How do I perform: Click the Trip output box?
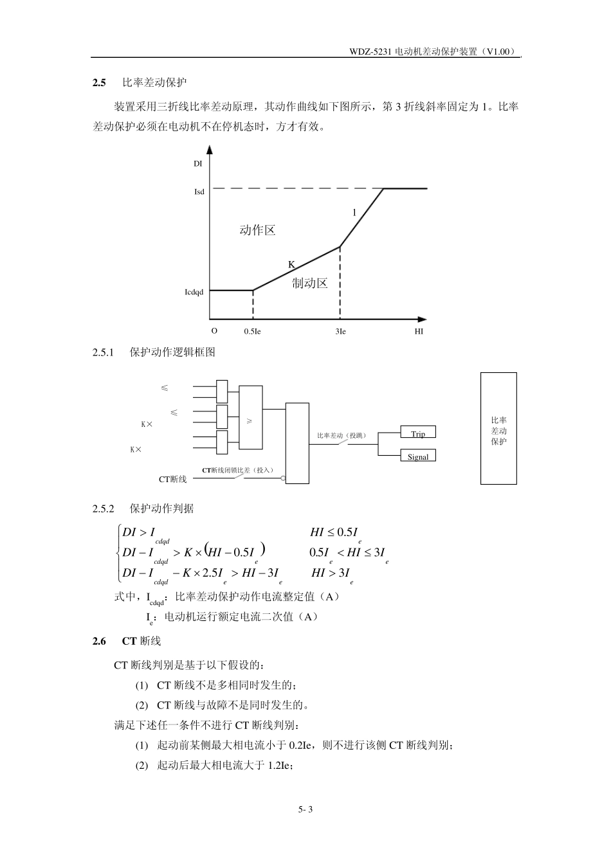pos(418,434)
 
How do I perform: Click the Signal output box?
pos(418,457)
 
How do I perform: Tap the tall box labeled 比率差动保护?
pos(498,429)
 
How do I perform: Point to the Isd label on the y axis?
pos(199,192)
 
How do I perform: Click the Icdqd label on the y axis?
pos(194,292)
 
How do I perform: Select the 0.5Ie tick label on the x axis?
pos(252,332)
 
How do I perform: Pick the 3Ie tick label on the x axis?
pos(341,332)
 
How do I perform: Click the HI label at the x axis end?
pos(419,332)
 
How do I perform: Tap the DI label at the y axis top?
pos(198,164)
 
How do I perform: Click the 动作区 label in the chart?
pos(257,230)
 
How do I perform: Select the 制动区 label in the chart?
pos(309,283)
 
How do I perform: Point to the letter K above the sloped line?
pos(291,264)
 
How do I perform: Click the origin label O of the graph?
pos(214,330)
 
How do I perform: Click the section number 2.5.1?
pos(103,352)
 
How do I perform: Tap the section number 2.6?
pos(99,641)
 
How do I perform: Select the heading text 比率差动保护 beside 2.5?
pos(154,83)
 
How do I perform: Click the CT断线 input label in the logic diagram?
pos(172,480)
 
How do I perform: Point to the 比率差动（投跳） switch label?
pos(342,436)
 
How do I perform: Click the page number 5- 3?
pos(305,809)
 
